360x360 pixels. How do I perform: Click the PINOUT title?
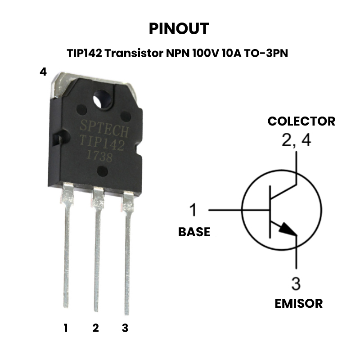coord(179,29)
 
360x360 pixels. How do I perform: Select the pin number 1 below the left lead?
coord(66,328)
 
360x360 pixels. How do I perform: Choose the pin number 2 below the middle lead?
coord(95,328)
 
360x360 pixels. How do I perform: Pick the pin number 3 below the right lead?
coord(125,328)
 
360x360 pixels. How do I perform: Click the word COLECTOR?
coord(301,121)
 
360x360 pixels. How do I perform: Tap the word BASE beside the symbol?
coord(194,232)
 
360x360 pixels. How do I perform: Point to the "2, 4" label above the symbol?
coord(296,140)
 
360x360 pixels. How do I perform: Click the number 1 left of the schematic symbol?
coord(193,210)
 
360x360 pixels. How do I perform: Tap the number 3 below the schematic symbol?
coord(296,284)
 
